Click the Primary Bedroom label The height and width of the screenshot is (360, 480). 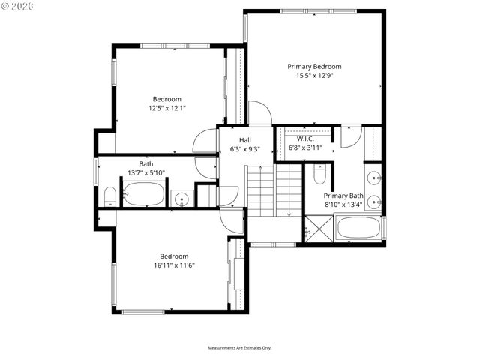tap(314, 66)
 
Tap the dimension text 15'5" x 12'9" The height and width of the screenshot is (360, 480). tap(314, 75)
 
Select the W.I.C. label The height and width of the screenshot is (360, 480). tap(304, 139)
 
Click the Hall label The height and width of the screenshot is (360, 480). tap(245, 140)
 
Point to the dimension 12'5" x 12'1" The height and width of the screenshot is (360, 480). tap(166, 108)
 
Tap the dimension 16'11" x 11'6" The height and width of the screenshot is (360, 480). tap(174, 265)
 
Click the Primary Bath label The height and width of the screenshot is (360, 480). tap(344, 195)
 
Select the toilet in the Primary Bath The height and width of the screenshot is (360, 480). tap(319, 176)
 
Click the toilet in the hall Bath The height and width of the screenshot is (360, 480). tap(109, 197)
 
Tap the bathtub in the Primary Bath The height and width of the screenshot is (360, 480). tap(358, 228)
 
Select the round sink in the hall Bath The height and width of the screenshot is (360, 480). tap(181, 199)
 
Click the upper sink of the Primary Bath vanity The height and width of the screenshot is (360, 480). tap(374, 178)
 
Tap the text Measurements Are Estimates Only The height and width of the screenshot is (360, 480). tap(240, 347)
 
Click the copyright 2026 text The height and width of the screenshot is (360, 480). tap(19, 6)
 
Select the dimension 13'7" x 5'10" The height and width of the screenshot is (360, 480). tap(146, 172)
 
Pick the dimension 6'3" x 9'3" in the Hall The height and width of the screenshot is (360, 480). tap(245, 149)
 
